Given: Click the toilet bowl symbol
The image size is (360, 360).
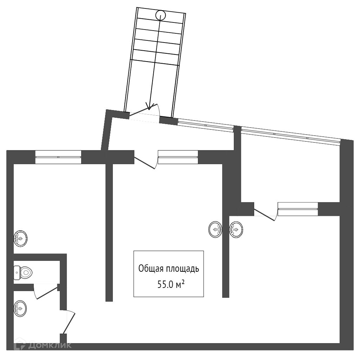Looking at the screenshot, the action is click(24, 272).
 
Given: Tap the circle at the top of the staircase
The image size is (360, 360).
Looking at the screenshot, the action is click(160, 15).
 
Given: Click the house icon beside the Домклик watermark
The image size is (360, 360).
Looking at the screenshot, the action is click(21, 345).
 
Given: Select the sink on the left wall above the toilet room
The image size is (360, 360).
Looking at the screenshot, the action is click(20, 239).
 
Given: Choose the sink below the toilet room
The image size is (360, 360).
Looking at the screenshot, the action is click(20, 309).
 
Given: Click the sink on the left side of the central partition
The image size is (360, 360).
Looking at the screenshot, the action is click(215, 230).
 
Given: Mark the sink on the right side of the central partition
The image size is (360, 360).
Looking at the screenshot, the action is click(236, 230).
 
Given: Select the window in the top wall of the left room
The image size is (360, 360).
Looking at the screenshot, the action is click(58, 157).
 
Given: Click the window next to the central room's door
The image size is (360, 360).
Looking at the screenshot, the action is click(178, 157).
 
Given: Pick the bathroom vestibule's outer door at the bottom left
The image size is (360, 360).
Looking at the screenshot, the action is click(69, 322).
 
